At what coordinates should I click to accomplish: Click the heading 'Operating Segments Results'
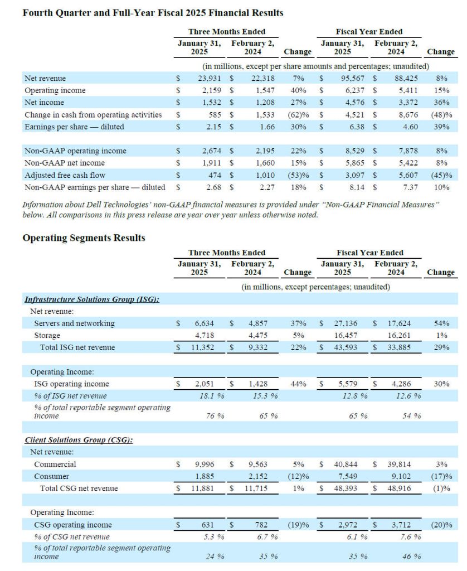pyautogui.click(x=84, y=238)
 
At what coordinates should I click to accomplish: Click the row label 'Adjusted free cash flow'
pyautogui.click(x=66, y=175)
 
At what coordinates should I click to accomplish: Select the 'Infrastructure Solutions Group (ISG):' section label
pyautogui.click(x=93, y=299)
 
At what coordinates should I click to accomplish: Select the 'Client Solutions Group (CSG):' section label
pyautogui.click(x=79, y=440)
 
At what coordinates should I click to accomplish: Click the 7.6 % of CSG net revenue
pyautogui.click(x=411, y=537)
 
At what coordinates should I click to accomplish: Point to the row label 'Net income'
pyautogui.click(x=44, y=103)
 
